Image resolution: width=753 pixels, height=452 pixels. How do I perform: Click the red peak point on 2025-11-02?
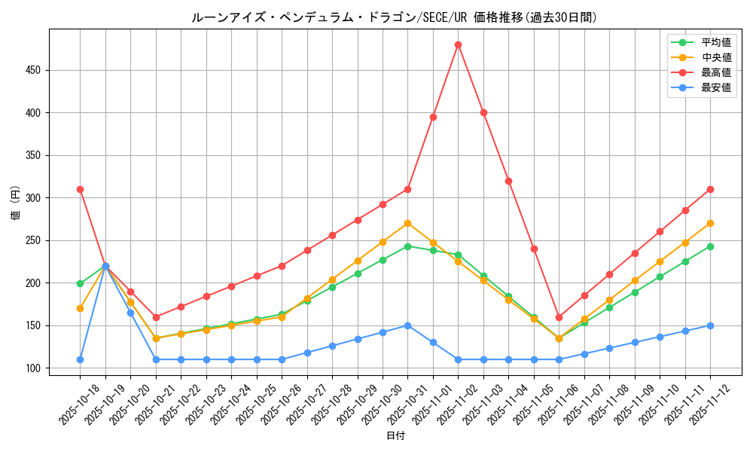(458, 44)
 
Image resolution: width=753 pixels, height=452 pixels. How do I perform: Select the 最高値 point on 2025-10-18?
(80, 189)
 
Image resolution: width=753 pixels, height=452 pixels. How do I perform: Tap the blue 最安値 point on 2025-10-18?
(80, 359)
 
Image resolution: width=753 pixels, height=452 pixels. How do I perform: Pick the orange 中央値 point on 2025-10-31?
(407, 223)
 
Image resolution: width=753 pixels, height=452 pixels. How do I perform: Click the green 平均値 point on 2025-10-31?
(407, 246)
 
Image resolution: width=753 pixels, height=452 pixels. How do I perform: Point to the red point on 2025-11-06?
(559, 317)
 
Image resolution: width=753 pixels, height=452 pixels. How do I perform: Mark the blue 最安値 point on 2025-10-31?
(407, 325)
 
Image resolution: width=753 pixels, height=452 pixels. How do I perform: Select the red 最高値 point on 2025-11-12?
(710, 189)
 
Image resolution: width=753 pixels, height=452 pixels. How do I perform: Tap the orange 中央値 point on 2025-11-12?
(710, 223)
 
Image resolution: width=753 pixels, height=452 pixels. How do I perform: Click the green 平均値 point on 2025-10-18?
(80, 283)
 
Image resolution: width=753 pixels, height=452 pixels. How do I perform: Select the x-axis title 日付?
(395, 436)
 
